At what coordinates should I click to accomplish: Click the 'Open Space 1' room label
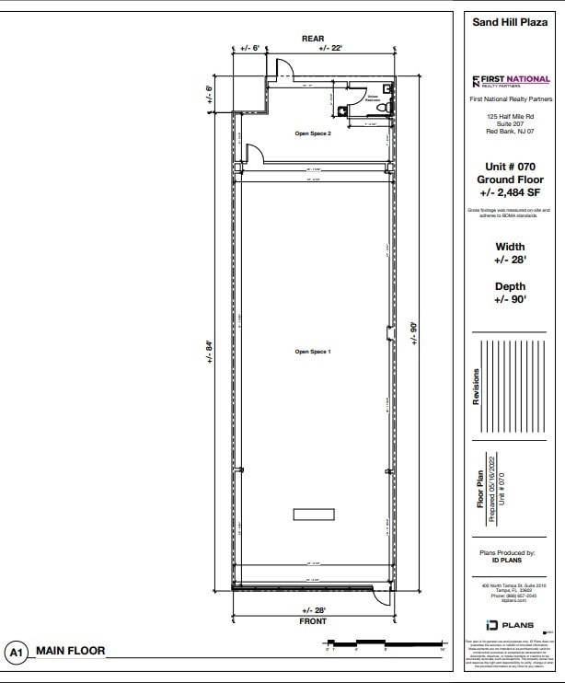click(313, 352)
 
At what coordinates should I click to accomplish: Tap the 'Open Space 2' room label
click(313, 133)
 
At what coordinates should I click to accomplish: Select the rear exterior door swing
click(284, 69)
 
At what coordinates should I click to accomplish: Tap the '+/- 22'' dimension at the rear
click(331, 49)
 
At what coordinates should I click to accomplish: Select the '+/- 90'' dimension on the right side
click(414, 333)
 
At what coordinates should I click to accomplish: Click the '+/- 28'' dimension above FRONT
click(313, 610)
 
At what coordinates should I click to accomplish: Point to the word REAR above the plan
click(313, 38)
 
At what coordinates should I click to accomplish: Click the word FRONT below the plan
click(313, 621)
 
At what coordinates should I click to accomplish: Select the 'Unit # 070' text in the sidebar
click(510, 167)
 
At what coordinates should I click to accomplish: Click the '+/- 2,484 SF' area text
click(510, 193)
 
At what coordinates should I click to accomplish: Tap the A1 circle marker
click(16, 653)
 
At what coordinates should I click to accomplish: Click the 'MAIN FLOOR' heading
click(71, 652)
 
